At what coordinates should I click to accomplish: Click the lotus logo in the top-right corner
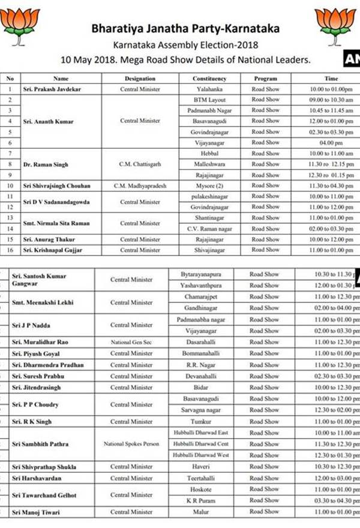[335, 24]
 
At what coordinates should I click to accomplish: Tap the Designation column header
[140, 79]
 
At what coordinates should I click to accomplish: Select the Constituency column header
[209, 79]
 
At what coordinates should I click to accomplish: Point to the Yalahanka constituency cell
[209, 89]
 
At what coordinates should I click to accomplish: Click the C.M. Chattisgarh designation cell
[140, 164]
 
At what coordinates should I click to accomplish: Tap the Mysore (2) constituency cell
[209, 185]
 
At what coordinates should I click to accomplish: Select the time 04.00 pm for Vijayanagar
[331, 142]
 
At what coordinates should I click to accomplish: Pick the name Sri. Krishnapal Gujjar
[52, 250]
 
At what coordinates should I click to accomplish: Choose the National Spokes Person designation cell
[131, 444]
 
